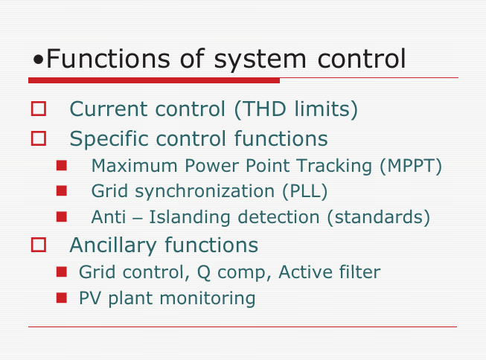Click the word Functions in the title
tap(108, 58)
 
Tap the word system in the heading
tap(260, 60)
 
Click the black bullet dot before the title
tap(38, 60)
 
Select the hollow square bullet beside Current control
tap(39, 109)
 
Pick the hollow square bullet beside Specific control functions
tap(39, 138)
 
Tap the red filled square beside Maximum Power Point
tap(62, 165)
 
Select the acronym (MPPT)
tap(411, 166)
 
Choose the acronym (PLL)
tap(304, 191)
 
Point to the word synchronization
tap(205, 192)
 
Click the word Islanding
tap(190, 217)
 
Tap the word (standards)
tap(378, 217)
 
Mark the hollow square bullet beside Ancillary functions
tap(39, 245)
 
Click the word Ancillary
tap(113, 245)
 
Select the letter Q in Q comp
tap(204, 272)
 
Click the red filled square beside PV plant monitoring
tap(62, 298)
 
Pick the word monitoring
tap(208, 299)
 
